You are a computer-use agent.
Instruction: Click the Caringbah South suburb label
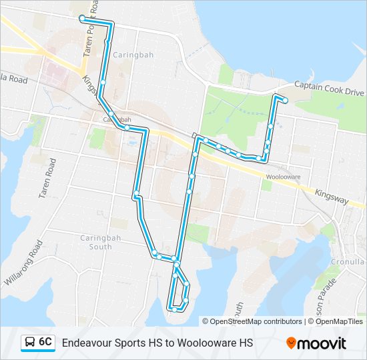click(96, 242)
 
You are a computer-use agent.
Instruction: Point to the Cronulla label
click(348, 262)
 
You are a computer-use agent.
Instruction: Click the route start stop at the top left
click(81, 18)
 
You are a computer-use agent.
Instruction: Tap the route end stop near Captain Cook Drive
click(286, 101)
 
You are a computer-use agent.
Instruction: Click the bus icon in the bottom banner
click(30, 343)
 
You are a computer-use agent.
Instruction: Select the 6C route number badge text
click(45, 342)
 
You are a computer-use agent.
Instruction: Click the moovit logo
click(316, 343)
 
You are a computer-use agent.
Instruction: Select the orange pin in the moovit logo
click(291, 343)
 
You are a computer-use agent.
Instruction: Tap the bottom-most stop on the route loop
click(173, 309)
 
